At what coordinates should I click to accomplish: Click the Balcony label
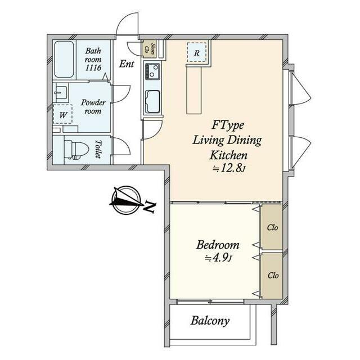point(210,321)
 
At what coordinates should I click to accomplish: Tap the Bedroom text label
point(218,245)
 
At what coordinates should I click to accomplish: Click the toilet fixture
point(76,150)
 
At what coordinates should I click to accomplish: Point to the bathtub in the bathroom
point(64,60)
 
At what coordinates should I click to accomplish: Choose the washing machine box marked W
point(62,114)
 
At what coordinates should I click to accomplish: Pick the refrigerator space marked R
point(196,52)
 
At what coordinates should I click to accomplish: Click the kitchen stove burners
point(152,71)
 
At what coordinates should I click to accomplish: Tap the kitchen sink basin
point(153,102)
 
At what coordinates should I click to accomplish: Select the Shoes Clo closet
point(149,49)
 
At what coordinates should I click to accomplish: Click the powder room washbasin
point(61,92)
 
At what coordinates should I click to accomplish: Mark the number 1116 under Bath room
point(93,67)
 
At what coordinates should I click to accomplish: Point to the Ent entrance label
point(126,64)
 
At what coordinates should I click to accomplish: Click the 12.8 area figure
point(232,169)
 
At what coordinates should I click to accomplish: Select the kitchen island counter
point(194,89)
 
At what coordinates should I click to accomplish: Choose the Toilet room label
point(98,150)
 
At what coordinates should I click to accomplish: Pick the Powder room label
point(93,107)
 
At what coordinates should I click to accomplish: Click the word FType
point(227,126)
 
